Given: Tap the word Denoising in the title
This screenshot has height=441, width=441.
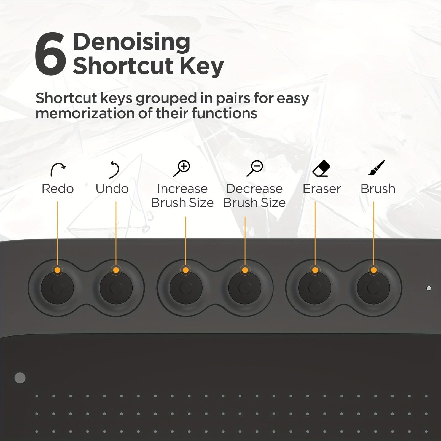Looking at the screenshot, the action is (132, 42).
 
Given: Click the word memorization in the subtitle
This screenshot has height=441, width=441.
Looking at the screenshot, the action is (85, 113).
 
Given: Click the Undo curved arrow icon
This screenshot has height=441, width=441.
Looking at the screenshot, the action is (114, 170).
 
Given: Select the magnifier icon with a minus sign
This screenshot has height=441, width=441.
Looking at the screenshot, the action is (255, 168).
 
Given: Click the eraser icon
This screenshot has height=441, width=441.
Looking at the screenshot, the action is (321, 168).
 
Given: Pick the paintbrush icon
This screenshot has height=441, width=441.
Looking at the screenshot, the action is (377, 168).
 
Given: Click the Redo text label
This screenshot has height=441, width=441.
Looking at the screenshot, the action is (58, 189).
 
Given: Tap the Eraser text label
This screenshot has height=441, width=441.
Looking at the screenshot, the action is (322, 189).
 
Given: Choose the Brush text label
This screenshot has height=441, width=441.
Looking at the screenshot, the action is (378, 189).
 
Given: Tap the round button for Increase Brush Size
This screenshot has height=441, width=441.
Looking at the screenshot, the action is (186, 288).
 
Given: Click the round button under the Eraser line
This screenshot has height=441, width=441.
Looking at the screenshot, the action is (315, 288).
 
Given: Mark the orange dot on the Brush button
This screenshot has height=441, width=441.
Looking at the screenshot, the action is (374, 270).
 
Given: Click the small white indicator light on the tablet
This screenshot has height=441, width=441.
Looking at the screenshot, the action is (429, 288).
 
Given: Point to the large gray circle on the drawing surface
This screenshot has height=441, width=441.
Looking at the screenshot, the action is (20, 378).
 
